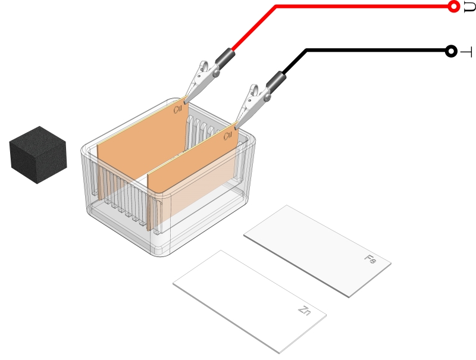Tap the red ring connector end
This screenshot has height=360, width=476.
click(x=453, y=7)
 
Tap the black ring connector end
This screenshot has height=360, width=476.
click(x=451, y=51)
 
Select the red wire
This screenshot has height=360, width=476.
click(x=357, y=7)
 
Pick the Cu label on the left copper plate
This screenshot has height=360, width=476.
click(x=177, y=109)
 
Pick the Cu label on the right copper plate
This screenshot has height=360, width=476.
click(x=227, y=136)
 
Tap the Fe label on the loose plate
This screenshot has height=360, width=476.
click(x=370, y=259)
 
